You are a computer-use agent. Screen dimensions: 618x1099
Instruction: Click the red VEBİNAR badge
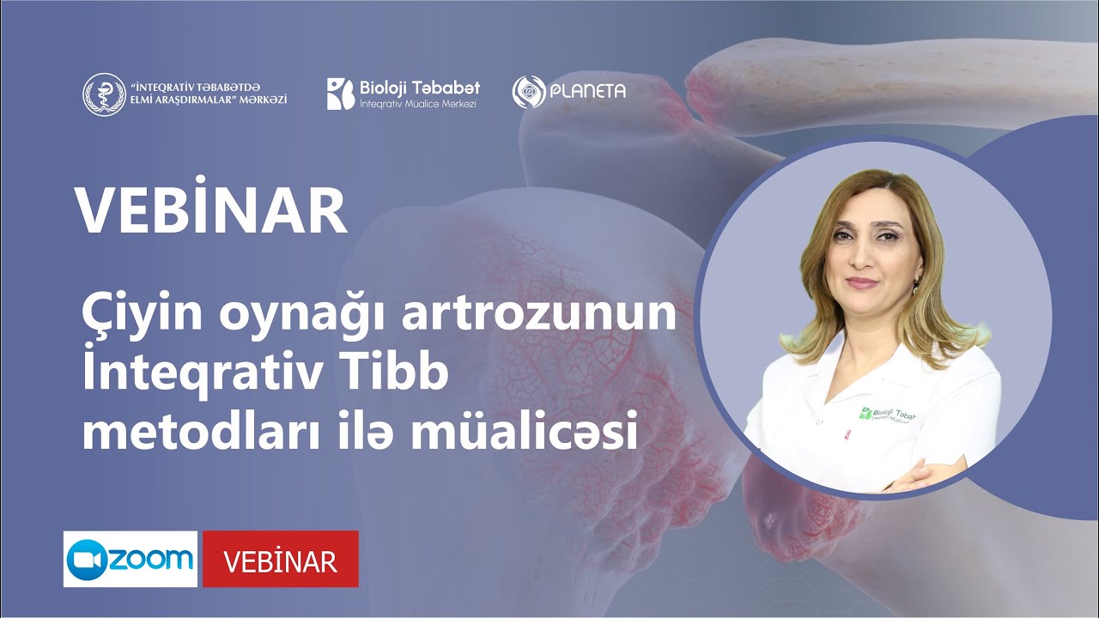[280, 560]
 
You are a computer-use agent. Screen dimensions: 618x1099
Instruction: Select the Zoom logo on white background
[131, 559]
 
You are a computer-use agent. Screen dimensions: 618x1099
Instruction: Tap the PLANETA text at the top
[588, 92]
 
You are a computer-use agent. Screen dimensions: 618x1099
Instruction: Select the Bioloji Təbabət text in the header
[420, 88]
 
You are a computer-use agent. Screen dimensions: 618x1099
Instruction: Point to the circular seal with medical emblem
[104, 94]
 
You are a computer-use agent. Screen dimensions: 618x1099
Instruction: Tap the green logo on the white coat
[867, 413]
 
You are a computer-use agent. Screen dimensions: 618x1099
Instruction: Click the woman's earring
[918, 282]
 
